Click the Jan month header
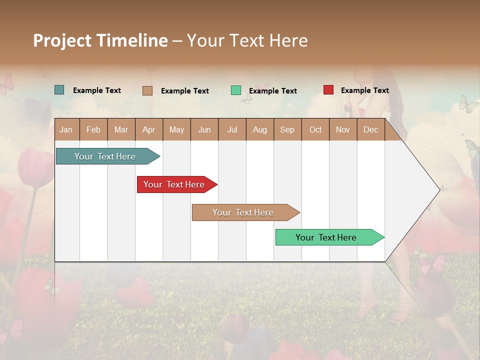click(66, 129)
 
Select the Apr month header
click(149, 129)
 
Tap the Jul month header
click(232, 129)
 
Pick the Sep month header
click(287, 129)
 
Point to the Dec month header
click(370, 129)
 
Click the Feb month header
click(93, 129)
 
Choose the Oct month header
click(315, 129)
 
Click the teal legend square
click(59, 90)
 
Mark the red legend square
click(328, 90)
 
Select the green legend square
click(236, 90)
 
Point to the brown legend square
click(147, 90)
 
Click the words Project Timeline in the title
click(100, 40)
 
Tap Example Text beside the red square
click(365, 90)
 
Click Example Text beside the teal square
click(97, 90)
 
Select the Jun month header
click(204, 129)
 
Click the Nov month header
click(343, 129)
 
